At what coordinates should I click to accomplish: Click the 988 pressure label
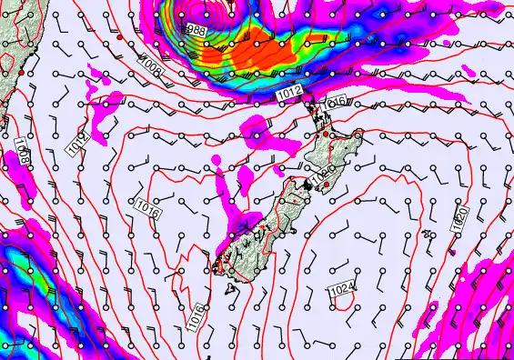[197, 31]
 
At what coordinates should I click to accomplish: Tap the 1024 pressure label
[342, 289]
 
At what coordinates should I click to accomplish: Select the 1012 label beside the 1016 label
[289, 94]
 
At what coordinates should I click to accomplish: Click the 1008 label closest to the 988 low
[151, 65]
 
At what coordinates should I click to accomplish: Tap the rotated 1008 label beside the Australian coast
[21, 148]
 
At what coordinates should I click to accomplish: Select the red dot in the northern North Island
[327, 135]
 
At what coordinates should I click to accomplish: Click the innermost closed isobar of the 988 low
[202, 14]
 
